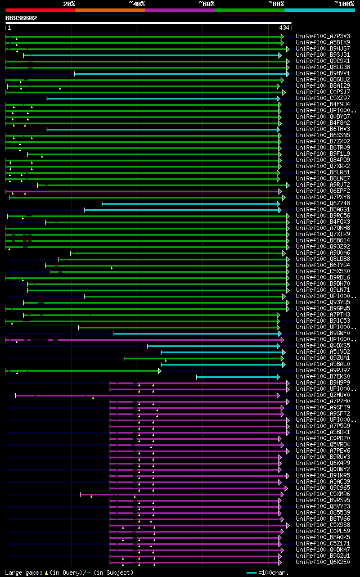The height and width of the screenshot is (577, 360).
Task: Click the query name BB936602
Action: [x=21, y=18]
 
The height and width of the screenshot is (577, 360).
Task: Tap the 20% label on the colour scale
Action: [x=69, y=4]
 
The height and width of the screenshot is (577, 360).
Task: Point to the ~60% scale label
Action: [x=206, y=4]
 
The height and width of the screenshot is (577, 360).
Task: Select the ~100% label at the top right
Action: [x=344, y=4]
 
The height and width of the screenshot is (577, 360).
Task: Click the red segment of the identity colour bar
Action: [x=40, y=10]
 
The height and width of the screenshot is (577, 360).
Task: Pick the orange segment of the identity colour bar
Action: [x=110, y=10]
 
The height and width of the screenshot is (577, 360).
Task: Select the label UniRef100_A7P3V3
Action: [x=323, y=36]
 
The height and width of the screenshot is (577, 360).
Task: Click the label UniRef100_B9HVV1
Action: [x=323, y=73]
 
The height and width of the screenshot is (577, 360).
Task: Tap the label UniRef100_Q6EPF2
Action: [x=323, y=191]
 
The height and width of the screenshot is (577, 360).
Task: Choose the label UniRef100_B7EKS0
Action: [x=323, y=376]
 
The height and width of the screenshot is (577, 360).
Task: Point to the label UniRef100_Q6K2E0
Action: [x=323, y=562]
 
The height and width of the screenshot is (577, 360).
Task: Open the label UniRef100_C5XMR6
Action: [x=323, y=494]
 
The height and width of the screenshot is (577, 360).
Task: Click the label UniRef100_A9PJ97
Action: [x=323, y=370]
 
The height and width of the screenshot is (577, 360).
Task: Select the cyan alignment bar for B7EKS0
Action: [x=237, y=376]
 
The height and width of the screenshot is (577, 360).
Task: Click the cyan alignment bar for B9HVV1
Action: [x=181, y=74]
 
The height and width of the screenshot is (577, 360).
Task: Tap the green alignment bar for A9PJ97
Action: [x=84, y=371]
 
